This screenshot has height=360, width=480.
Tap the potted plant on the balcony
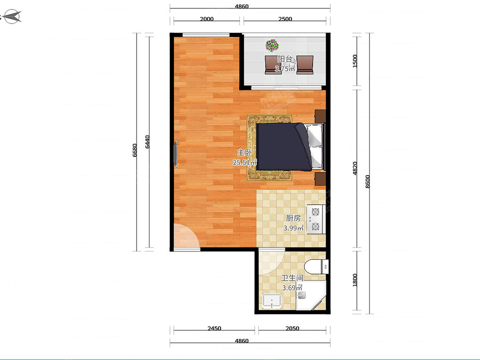click(272, 46)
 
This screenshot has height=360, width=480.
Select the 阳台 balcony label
click(285, 59)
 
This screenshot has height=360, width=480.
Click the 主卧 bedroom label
click(244, 152)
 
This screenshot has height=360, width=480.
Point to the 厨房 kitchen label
click(293, 218)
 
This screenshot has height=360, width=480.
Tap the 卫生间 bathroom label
click(292, 278)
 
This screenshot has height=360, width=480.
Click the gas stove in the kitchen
click(316, 219)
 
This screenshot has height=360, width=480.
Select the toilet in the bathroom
click(316, 266)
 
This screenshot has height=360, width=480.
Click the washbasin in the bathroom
click(272, 301)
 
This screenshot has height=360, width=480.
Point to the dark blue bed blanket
click(284, 147)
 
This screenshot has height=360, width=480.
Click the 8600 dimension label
click(368, 182)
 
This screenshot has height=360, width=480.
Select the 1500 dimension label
click(355, 61)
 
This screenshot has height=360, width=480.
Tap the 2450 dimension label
click(214, 328)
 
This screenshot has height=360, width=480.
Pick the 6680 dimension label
click(135, 150)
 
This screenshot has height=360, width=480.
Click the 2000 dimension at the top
click(207, 19)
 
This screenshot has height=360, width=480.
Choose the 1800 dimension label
click(355, 280)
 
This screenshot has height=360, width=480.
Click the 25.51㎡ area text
click(245, 162)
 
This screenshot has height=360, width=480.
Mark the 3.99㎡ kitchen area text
click(293, 228)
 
